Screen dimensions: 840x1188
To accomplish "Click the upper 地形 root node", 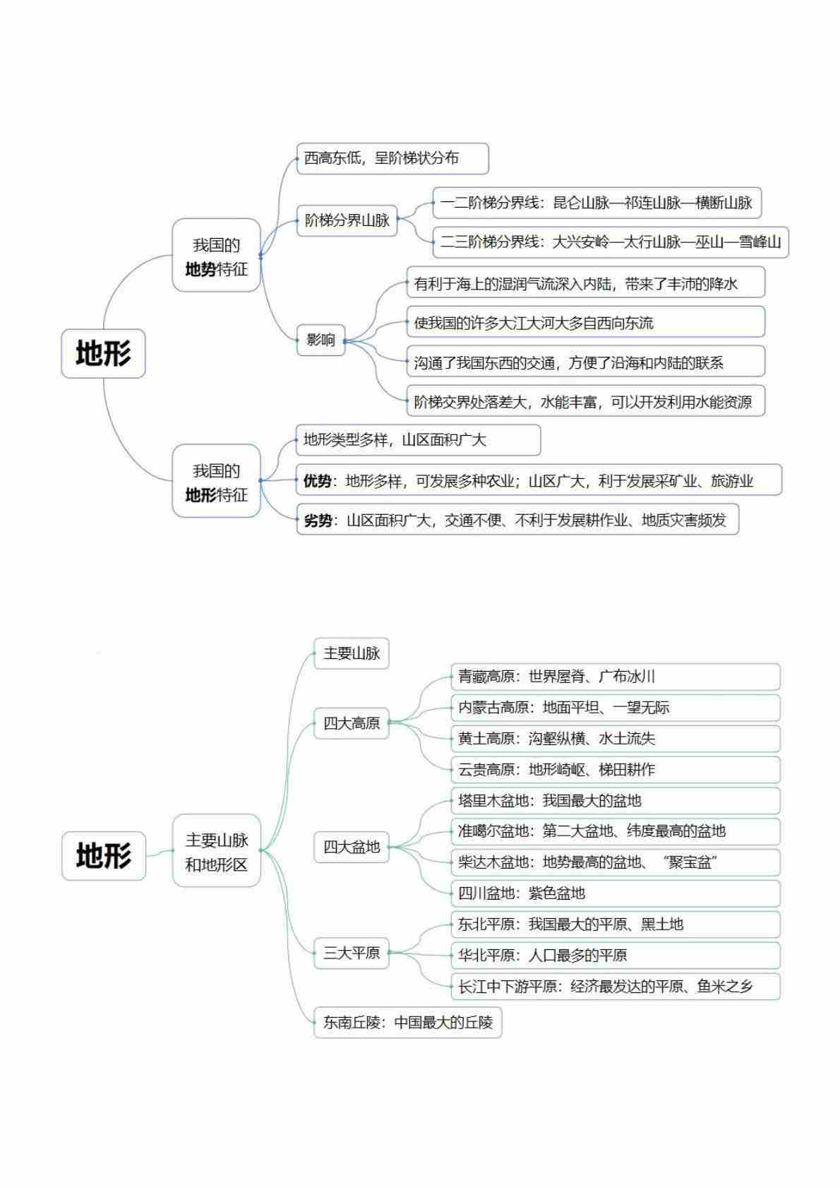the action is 103,353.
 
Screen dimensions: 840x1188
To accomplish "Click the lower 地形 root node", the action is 103,855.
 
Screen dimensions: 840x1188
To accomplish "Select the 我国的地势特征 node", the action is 216,254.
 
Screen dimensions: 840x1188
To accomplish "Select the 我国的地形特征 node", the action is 216,480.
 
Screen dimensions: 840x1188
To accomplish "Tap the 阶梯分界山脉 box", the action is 347,220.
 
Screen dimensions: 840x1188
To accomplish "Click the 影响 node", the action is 320,340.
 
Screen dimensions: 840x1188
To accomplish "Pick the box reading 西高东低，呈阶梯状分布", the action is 392,158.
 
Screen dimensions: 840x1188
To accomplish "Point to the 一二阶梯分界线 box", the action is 596,203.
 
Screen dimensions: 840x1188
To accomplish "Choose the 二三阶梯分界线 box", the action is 611,242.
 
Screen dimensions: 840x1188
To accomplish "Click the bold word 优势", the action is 318,480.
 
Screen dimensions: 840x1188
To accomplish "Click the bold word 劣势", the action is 318,521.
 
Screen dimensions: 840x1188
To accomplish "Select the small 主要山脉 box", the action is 352,653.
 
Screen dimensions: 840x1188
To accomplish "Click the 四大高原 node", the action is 352,723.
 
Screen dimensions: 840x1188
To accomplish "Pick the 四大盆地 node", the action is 352,847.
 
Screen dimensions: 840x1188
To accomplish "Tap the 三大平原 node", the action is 352,953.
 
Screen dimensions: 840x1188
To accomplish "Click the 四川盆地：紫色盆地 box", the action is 616,893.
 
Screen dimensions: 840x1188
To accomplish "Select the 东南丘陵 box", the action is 407,1022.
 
